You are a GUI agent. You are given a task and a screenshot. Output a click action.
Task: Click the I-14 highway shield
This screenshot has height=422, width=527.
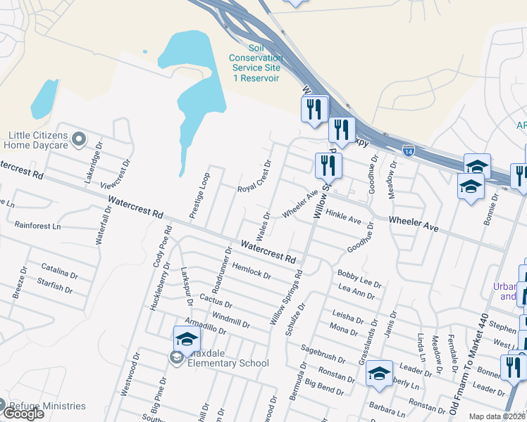click(408, 150)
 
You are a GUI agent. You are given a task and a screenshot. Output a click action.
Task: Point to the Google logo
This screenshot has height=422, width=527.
click(23, 414)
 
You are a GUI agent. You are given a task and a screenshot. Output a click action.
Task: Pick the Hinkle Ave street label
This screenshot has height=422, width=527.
click(344, 215)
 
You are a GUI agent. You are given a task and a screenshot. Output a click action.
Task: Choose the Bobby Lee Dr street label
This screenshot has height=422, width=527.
click(359, 278)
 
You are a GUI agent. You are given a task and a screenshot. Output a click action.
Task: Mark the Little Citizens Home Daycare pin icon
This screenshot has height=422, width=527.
click(79, 139)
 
